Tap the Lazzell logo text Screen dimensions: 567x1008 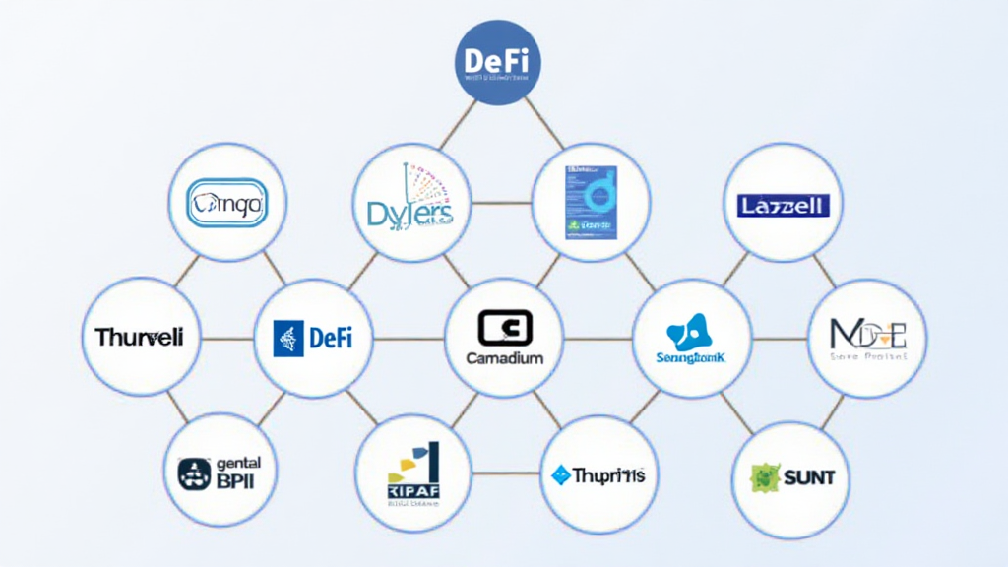click(x=784, y=205)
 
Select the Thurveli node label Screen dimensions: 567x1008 click(x=139, y=338)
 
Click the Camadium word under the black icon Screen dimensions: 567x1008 click(x=504, y=358)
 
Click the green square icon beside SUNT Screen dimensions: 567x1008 click(x=765, y=477)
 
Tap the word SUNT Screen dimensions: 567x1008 click(x=809, y=478)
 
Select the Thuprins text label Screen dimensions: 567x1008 click(x=609, y=475)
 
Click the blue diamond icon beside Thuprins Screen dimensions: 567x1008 click(x=561, y=475)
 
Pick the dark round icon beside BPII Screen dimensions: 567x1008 click(x=194, y=474)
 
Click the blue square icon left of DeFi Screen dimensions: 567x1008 click(x=287, y=339)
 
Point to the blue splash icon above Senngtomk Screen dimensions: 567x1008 click(x=691, y=332)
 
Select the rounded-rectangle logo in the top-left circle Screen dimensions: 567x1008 click(x=226, y=204)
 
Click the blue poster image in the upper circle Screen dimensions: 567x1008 click(x=591, y=203)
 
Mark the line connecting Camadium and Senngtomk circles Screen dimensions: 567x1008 click(x=598, y=339)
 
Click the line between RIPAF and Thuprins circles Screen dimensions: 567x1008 click(x=507, y=473)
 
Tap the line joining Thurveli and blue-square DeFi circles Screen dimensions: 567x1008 click(x=226, y=339)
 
